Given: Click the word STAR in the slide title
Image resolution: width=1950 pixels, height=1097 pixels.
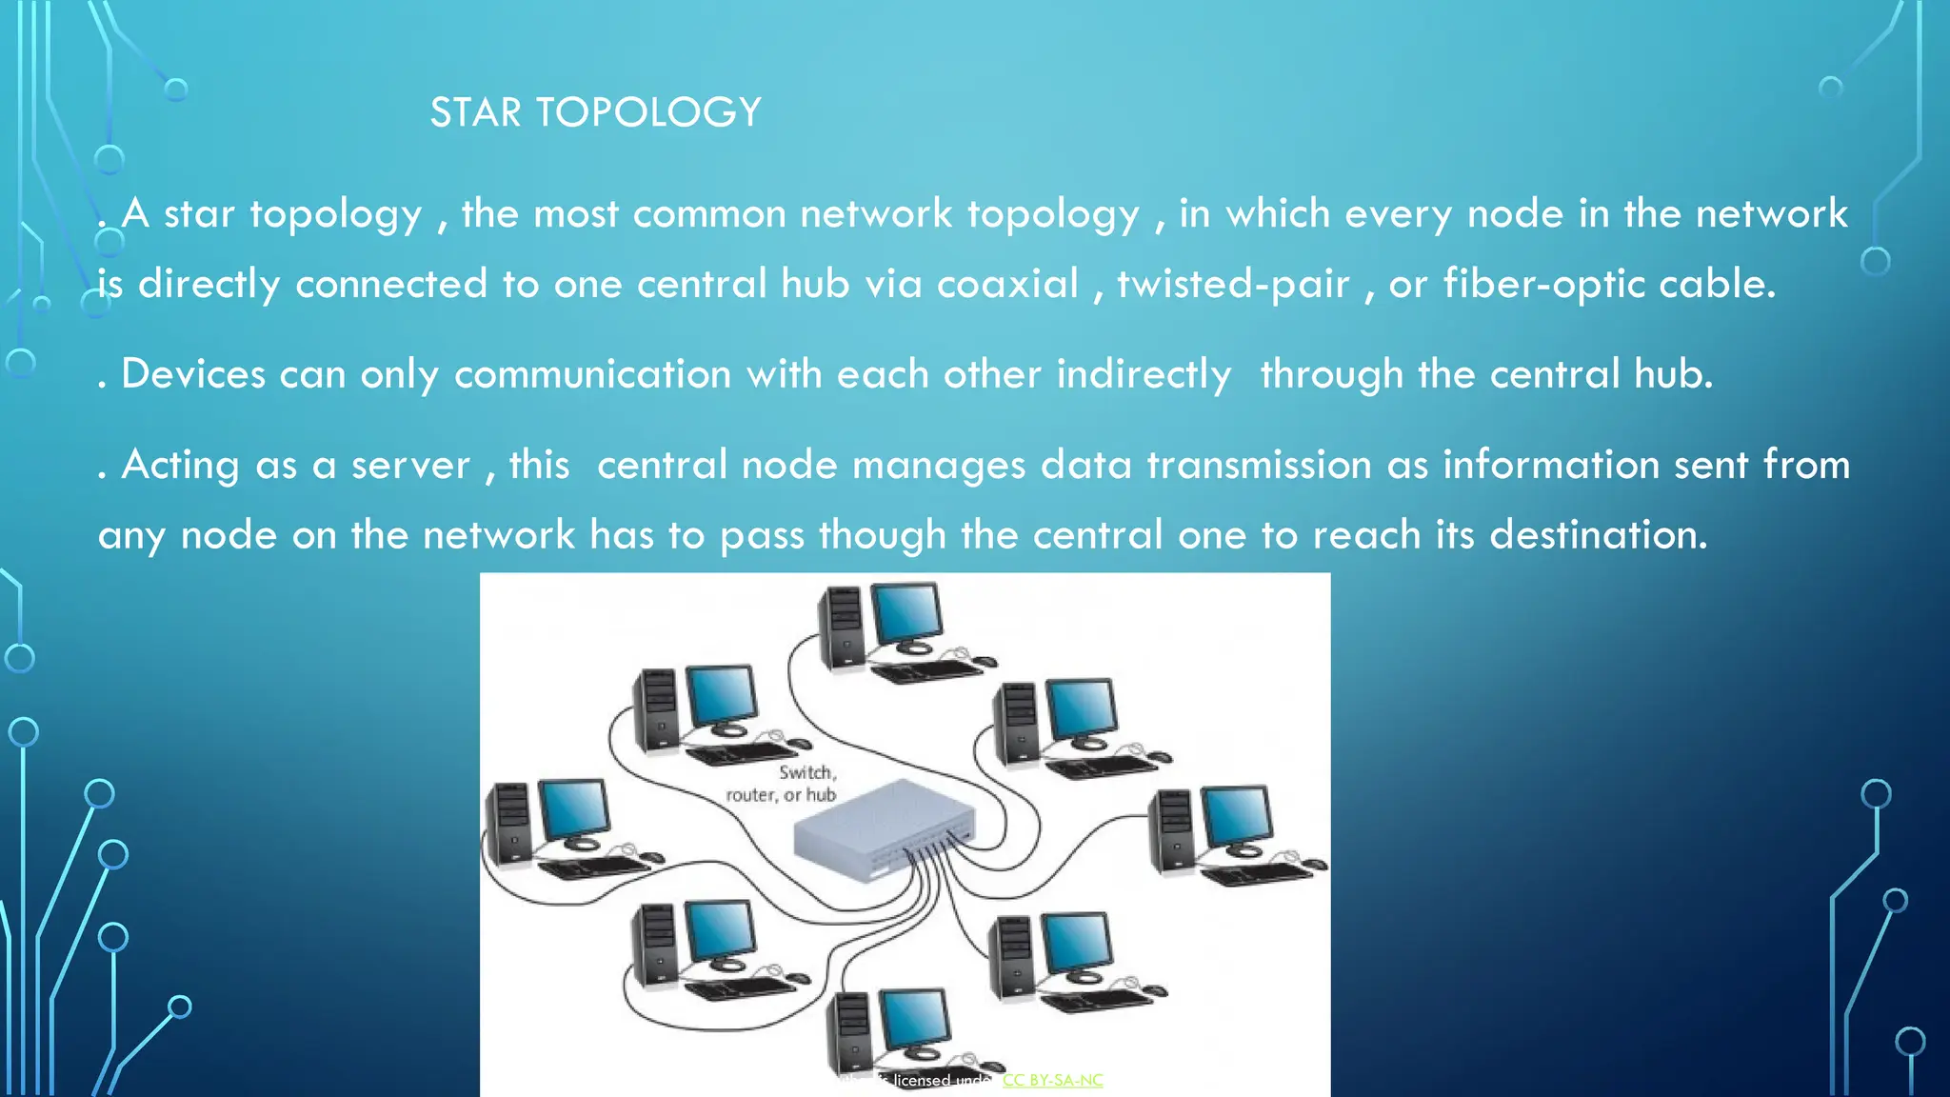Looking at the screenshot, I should (x=475, y=112).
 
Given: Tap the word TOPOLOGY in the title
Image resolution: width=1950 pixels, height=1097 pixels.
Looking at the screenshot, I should (x=648, y=112).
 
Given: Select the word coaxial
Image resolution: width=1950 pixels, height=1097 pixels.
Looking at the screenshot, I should (x=1007, y=284).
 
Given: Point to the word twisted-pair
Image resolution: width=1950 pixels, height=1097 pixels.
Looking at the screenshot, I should (x=1233, y=284).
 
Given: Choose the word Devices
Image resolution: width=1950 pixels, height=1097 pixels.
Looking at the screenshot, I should (x=193, y=373).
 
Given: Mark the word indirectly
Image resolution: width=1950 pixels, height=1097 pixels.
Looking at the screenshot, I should (x=1144, y=373).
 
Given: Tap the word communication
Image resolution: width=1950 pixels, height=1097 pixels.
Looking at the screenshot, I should (x=592, y=373).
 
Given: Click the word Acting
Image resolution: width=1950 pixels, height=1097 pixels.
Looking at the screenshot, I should (x=180, y=465).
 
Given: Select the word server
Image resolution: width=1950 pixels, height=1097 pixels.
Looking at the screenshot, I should (x=410, y=465).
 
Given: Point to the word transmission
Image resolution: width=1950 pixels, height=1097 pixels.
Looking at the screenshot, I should (x=1259, y=465).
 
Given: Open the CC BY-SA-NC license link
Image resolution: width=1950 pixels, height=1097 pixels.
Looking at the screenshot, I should (x=1052, y=1080).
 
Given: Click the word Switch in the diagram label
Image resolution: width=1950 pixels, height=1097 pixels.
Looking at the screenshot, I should (x=806, y=772).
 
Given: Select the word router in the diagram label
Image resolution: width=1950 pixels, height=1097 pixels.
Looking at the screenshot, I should (x=750, y=795).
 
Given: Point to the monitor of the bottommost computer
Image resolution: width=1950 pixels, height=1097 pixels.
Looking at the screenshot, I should (x=914, y=1019).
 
